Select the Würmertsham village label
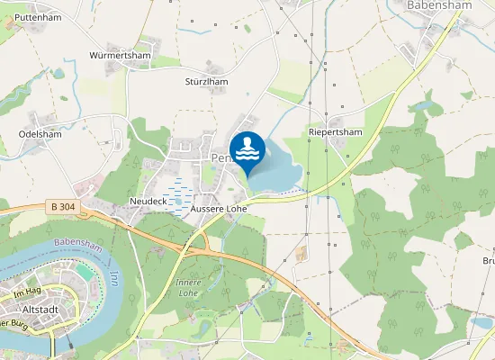coord(120,56)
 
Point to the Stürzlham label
coord(206,81)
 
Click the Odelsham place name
coord(39,135)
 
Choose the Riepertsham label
coord(335,131)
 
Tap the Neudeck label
coord(148,200)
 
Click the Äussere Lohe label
coord(219,209)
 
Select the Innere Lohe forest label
coord(187,287)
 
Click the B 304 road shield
coord(63,207)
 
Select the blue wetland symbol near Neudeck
coord(178,197)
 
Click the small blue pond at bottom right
coord(482,321)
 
